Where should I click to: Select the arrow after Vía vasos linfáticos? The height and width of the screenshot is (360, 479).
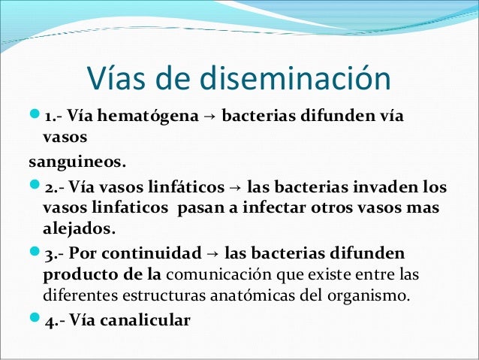pos(234,186)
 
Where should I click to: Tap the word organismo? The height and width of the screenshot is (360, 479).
pos(374,295)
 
